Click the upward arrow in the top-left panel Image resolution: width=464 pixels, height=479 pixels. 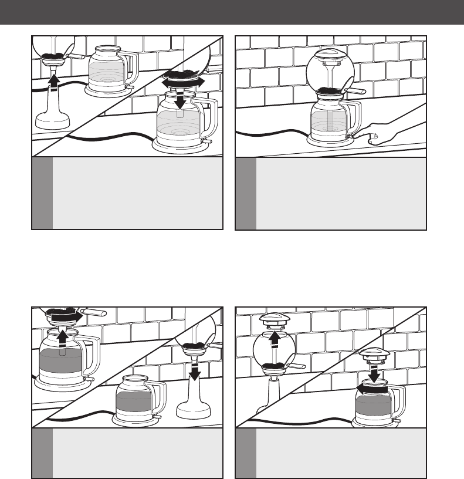(53, 81)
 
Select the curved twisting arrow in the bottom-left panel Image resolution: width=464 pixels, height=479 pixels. (64, 317)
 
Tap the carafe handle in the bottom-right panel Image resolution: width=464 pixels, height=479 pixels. (401, 402)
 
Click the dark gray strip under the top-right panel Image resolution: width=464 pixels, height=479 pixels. (245, 193)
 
